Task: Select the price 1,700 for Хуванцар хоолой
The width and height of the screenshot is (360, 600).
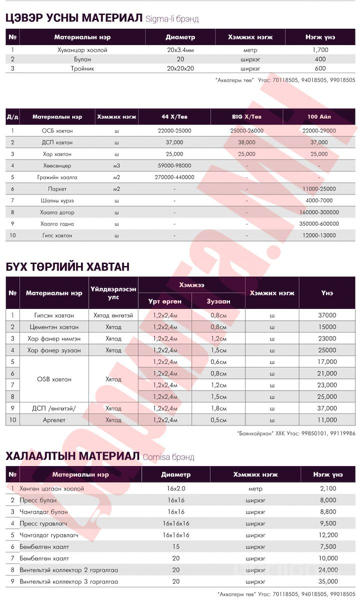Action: tap(320, 49)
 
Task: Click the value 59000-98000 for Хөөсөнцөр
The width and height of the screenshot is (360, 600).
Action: tap(174, 166)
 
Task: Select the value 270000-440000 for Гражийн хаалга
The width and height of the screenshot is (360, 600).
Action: tap(174, 177)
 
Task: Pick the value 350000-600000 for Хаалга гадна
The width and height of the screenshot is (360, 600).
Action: tap(319, 224)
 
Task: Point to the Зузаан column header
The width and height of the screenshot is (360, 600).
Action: tap(218, 301)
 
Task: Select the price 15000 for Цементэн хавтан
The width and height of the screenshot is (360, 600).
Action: tap(327, 327)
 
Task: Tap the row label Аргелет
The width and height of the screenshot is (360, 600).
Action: tap(54, 420)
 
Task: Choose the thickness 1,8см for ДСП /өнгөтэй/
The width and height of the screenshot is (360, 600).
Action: tap(218, 408)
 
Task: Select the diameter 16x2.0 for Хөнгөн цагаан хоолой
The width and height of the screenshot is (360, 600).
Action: tap(176, 488)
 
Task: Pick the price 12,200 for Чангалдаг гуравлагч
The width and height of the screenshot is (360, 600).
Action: tap(328, 535)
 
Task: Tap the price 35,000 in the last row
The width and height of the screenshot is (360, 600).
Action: tap(328, 582)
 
